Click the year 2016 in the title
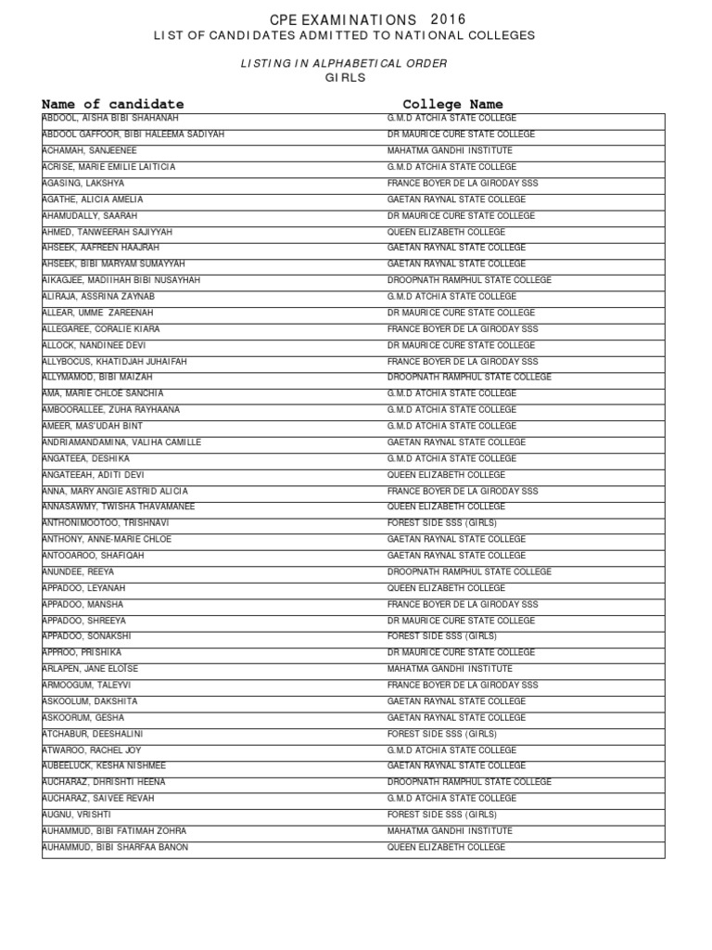449,19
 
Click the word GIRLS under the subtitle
346,78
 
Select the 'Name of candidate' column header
113,104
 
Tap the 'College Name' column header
452,104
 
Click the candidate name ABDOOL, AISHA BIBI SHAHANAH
110,119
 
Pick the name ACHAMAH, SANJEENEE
90,150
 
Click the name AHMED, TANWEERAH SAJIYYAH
108,232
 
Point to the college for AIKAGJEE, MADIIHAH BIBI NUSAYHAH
469,280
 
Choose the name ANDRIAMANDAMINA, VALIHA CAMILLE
121,443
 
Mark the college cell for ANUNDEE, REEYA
469,571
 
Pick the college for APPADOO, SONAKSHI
441,636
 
